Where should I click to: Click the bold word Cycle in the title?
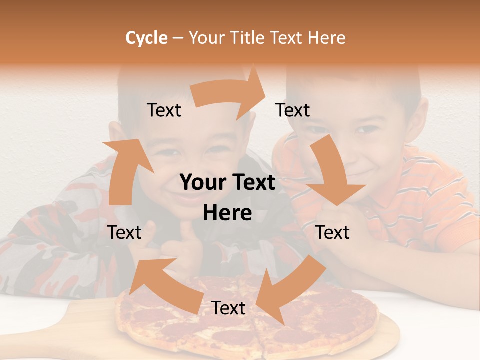click(x=146, y=38)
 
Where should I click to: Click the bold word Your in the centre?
click(x=203, y=183)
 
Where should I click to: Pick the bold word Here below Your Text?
click(x=227, y=213)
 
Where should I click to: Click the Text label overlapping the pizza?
click(x=228, y=308)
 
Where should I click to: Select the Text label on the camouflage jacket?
click(x=124, y=232)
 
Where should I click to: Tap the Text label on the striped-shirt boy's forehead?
click(x=293, y=110)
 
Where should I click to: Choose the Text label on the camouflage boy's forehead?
click(x=164, y=110)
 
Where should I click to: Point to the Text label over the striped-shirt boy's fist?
click(x=333, y=232)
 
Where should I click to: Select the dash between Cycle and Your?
click(x=178, y=38)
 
